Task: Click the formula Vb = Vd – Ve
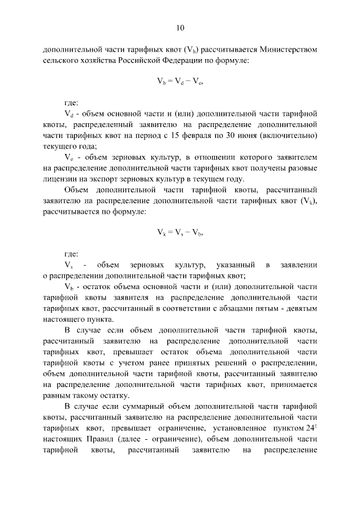tap(179, 82)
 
